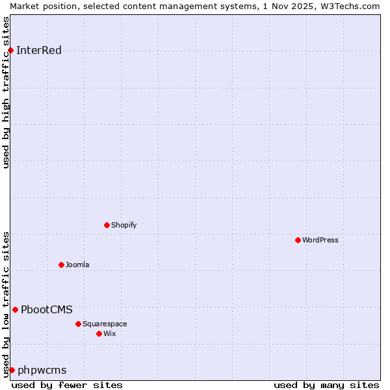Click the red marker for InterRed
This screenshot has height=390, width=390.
(10, 51)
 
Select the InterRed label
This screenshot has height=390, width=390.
(39, 51)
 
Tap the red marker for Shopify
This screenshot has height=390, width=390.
(107, 225)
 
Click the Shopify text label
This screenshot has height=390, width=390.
(123, 225)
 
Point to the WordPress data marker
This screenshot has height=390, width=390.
(298, 240)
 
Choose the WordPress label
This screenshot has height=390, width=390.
(320, 240)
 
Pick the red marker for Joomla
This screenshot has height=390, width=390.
(61, 265)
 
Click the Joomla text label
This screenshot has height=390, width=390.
(77, 265)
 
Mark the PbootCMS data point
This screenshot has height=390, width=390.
(15, 309)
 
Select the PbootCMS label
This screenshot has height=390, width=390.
(47, 309)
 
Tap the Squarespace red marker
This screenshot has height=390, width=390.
(78, 324)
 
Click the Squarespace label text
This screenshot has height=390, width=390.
(105, 324)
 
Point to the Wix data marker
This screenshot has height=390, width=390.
(99, 333)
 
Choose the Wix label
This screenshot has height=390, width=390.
(110, 333)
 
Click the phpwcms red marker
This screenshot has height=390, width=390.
(12, 370)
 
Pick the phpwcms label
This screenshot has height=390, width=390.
(42, 370)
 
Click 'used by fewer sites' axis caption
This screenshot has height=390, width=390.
(67, 385)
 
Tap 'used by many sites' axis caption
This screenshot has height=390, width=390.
(326, 385)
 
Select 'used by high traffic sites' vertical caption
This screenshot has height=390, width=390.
(6, 93)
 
